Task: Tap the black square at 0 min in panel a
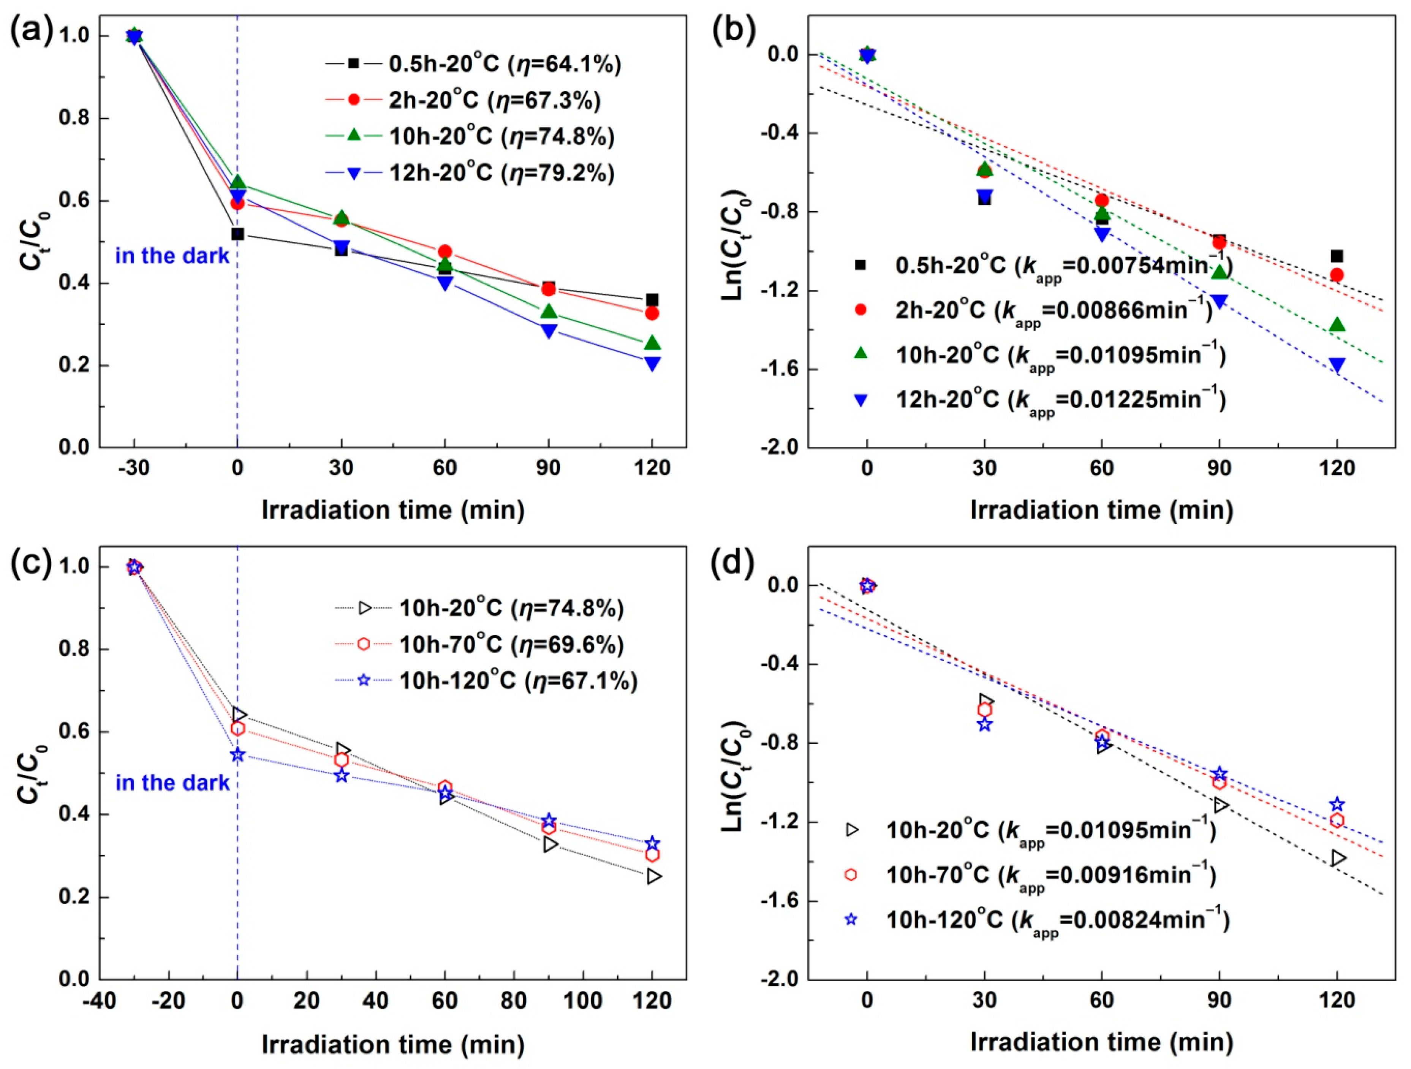pyautogui.click(x=238, y=234)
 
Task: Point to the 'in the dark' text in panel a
pyautogui.click(x=172, y=256)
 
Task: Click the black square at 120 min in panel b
pyautogui.click(x=1337, y=256)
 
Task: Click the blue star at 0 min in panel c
pyautogui.click(x=238, y=755)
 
